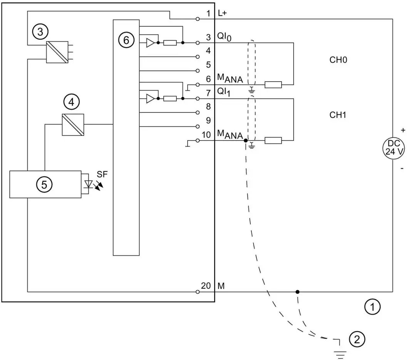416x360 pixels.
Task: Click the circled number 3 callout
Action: click(40, 32)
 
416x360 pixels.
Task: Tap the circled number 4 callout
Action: click(71, 102)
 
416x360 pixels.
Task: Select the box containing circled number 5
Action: click(45, 184)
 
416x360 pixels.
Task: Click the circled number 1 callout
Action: click(372, 307)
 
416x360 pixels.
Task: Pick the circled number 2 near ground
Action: click(357, 339)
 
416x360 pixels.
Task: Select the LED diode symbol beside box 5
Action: click(89, 184)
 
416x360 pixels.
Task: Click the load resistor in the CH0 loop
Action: click(273, 85)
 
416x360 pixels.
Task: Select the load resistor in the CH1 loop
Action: click(273, 141)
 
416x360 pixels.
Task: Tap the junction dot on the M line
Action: click(297, 292)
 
